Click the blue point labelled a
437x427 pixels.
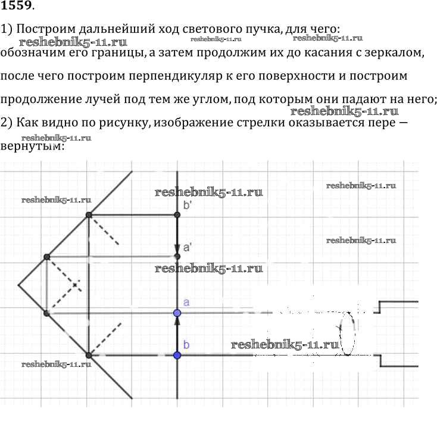177,313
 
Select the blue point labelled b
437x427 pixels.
177,355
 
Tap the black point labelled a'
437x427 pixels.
177,256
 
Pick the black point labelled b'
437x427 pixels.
177,214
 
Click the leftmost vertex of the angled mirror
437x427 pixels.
18,285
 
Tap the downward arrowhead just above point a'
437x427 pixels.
177,247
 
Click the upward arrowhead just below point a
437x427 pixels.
177,322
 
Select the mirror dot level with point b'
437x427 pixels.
89,214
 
